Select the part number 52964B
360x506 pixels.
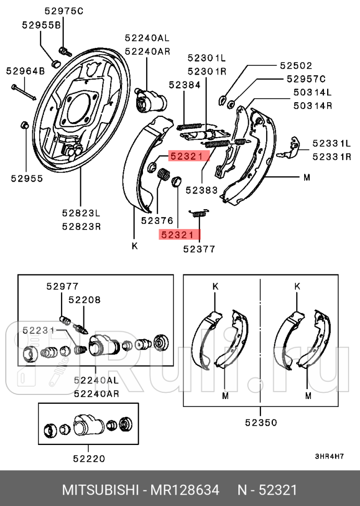click(x=25, y=71)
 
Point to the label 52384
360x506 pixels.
click(x=184, y=84)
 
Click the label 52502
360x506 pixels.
click(x=296, y=66)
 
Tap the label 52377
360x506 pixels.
click(x=199, y=249)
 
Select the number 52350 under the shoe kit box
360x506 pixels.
click(x=260, y=423)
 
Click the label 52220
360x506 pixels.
click(x=88, y=459)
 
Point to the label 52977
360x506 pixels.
click(x=62, y=286)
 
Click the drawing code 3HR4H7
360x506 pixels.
click(x=329, y=456)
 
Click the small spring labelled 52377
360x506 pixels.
click(x=199, y=213)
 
